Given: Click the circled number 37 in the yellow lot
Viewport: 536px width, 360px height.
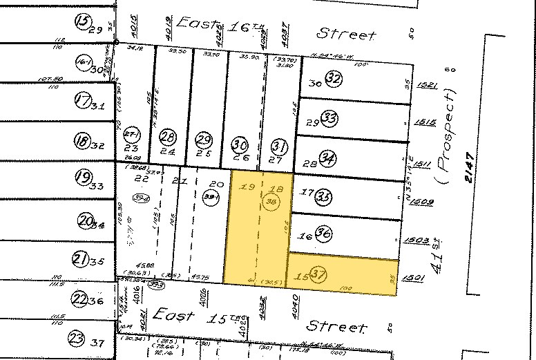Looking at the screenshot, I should [x=318, y=273].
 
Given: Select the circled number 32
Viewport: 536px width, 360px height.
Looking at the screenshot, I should [x=334, y=79].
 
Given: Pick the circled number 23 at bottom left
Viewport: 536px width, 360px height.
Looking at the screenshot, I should [x=77, y=339].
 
